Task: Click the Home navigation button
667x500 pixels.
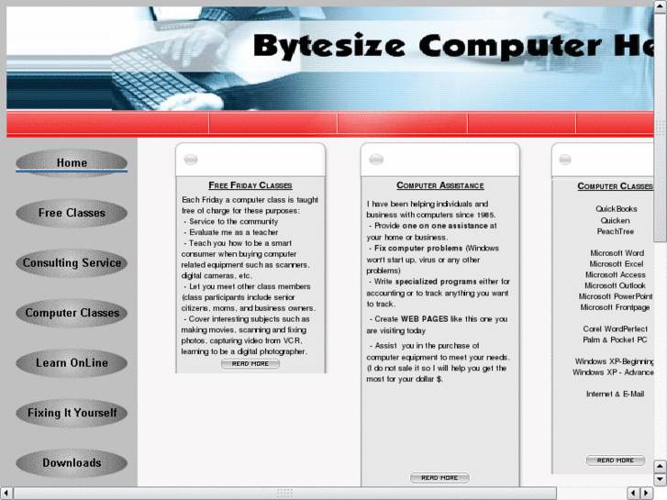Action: (x=72, y=163)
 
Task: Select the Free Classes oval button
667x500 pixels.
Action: (x=72, y=213)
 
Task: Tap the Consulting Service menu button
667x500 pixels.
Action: (x=72, y=263)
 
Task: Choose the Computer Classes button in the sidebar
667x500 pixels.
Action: (x=72, y=313)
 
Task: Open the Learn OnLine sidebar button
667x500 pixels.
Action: (x=72, y=363)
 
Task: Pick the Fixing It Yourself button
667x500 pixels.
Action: (x=72, y=413)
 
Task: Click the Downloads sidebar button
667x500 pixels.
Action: (x=72, y=462)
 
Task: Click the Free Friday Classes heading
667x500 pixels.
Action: (x=250, y=185)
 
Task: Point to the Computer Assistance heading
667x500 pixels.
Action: (x=439, y=185)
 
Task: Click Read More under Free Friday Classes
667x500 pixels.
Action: (x=250, y=363)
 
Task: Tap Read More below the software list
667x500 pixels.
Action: (x=615, y=460)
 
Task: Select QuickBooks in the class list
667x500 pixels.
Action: (x=616, y=209)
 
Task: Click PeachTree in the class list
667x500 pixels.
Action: (x=616, y=231)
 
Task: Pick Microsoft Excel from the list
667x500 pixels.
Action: (x=616, y=264)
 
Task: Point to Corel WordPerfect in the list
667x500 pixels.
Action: (x=615, y=328)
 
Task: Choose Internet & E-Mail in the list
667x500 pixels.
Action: (x=615, y=394)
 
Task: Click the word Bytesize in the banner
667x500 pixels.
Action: (x=329, y=46)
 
